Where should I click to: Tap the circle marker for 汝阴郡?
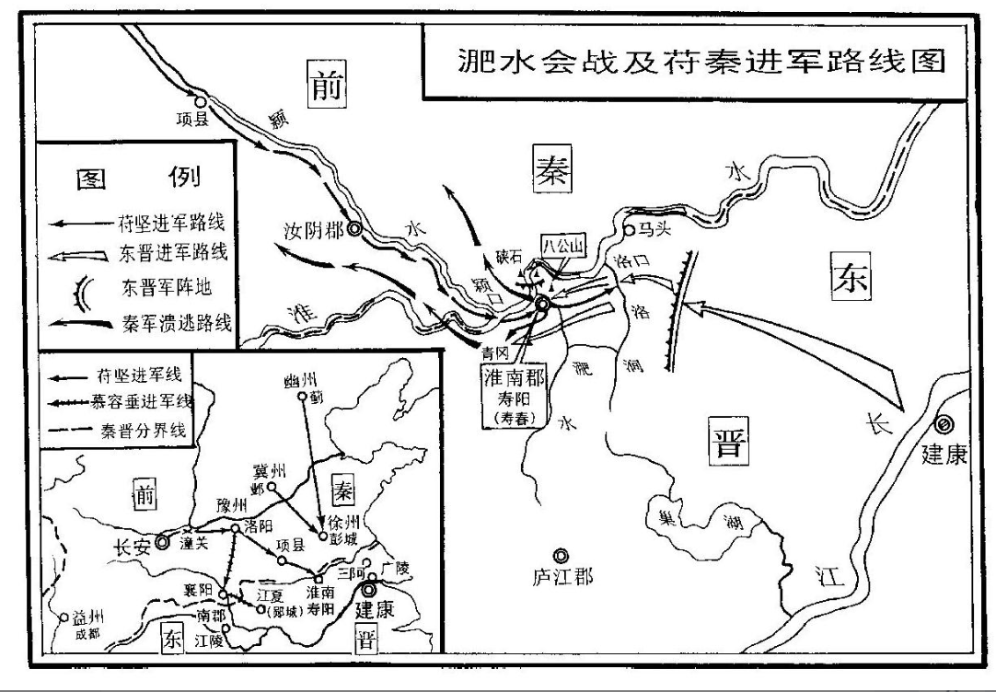click(x=353, y=230)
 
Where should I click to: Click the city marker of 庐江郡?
click(x=560, y=555)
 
